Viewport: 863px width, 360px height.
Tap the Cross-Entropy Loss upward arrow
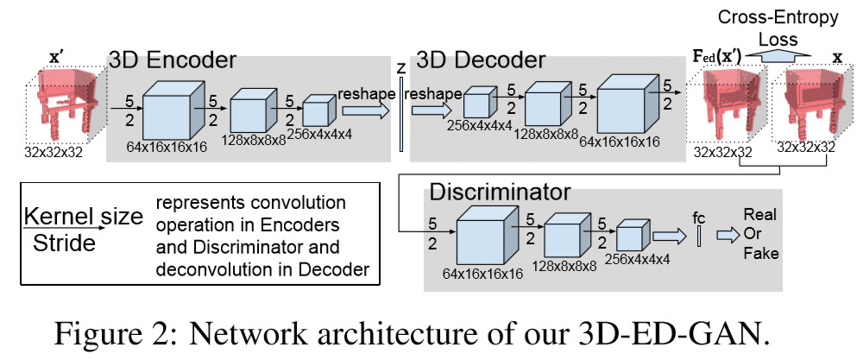point(780,53)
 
